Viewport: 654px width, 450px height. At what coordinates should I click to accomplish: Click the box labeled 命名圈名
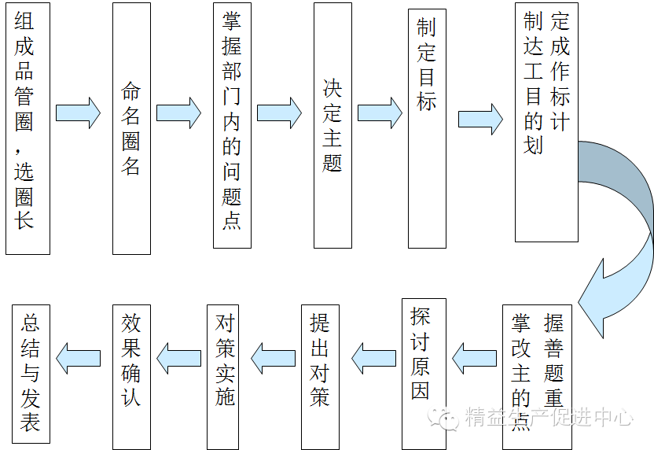[131, 128]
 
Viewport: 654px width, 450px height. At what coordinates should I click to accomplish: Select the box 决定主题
[333, 126]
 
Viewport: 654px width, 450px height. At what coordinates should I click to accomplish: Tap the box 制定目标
[427, 128]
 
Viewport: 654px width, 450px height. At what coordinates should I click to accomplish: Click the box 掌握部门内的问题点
[233, 126]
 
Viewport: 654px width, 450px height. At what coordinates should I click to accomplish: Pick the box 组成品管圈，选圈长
[28, 128]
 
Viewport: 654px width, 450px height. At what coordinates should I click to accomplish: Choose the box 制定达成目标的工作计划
[546, 122]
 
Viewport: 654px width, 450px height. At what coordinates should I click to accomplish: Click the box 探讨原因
[424, 374]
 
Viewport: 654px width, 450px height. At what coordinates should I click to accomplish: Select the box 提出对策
[321, 377]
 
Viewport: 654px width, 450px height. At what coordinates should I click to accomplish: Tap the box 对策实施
[226, 377]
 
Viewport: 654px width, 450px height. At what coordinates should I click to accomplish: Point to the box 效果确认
[131, 377]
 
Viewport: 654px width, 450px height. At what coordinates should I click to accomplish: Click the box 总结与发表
[31, 374]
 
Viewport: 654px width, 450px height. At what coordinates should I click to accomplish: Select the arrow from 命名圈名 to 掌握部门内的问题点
[178, 113]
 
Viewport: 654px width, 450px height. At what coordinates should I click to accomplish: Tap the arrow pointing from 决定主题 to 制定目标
[380, 113]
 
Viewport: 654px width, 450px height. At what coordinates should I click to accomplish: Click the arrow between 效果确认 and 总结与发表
[79, 358]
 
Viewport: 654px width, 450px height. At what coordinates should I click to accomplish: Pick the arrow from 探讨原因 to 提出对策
[373, 358]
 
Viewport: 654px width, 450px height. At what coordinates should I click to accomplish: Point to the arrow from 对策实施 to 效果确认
[178, 358]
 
